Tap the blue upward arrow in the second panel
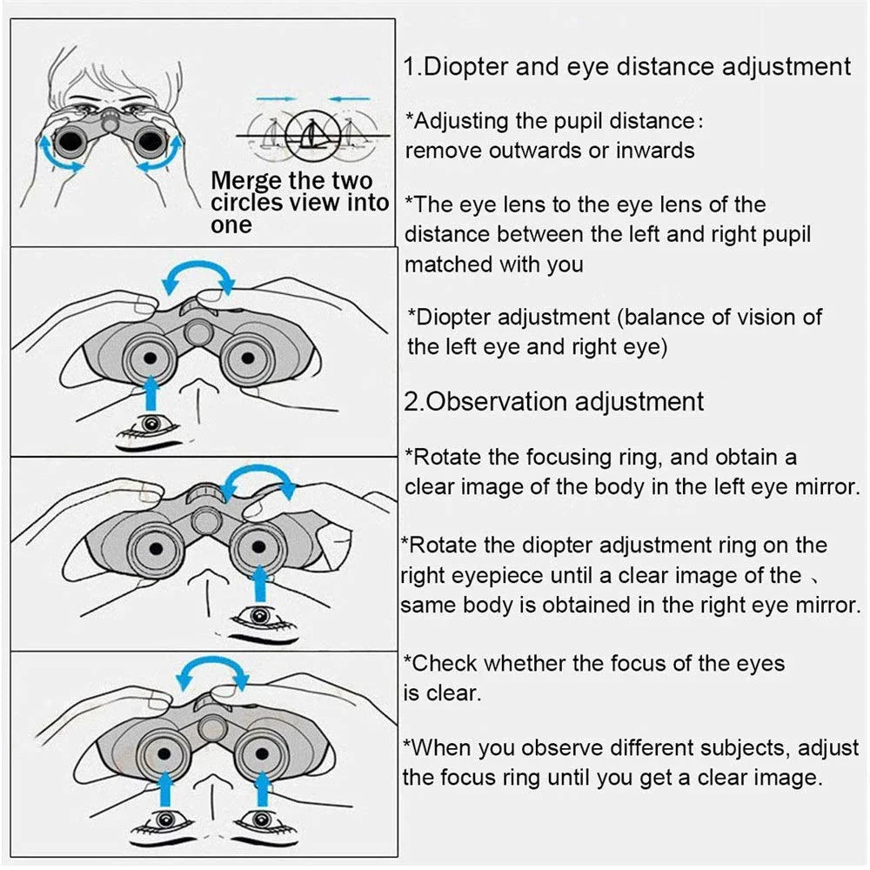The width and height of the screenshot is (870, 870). (151, 392)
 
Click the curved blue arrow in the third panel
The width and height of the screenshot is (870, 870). (256, 476)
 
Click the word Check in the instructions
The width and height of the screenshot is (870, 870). (445, 663)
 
